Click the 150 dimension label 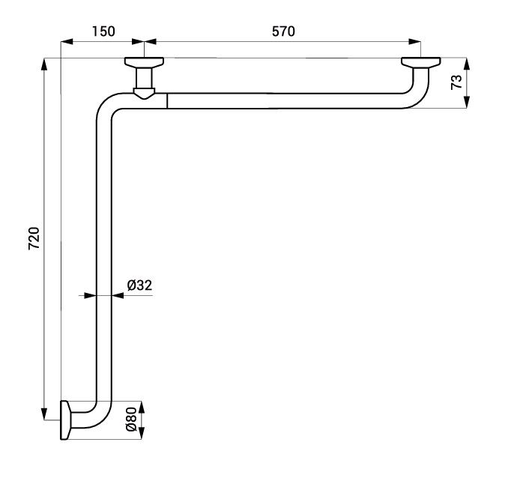103,31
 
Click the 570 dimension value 283,31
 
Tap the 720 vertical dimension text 34,238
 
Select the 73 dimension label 456,82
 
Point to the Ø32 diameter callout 139,285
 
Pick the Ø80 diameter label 131,420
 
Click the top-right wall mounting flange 420,63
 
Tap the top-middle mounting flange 145,62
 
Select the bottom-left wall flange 66,420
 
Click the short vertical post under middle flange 144,77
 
